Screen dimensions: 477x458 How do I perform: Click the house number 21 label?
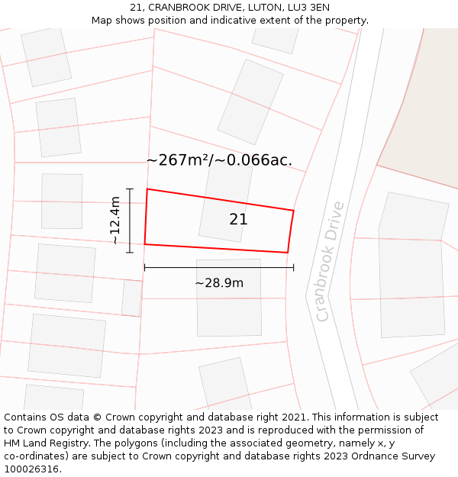(238, 220)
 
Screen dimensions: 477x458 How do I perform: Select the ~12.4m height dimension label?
(115, 221)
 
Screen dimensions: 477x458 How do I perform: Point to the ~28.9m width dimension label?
(219, 283)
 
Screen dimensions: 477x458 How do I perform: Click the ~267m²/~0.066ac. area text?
(219, 160)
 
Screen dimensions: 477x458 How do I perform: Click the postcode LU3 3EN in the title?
(309, 8)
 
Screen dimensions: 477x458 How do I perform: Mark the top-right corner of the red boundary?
(294, 210)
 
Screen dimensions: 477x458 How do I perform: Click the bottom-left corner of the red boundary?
(144, 244)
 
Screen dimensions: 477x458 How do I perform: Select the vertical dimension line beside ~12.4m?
(130, 221)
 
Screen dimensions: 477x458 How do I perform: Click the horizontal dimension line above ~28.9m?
(219, 267)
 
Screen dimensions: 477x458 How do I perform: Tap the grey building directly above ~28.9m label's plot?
(228, 298)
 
